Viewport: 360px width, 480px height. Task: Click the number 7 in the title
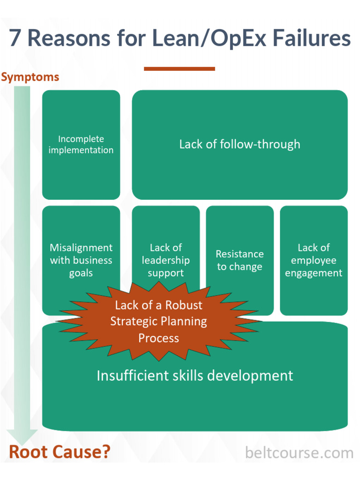(x=15, y=39)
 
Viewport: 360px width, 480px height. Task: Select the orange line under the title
(x=179, y=69)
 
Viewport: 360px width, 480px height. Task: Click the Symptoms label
(x=30, y=77)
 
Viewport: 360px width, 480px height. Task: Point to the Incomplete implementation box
(x=81, y=144)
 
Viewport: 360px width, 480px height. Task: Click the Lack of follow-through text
(x=240, y=144)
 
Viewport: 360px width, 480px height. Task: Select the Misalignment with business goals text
(x=81, y=260)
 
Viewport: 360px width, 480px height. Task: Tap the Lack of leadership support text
(x=165, y=260)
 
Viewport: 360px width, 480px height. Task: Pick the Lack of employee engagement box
(x=314, y=260)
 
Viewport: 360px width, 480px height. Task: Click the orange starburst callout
(x=158, y=322)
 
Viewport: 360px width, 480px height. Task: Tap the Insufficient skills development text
(x=195, y=375)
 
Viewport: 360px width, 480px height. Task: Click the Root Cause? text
(x=60, y=452)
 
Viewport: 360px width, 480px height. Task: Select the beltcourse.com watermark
(x=299, y=453)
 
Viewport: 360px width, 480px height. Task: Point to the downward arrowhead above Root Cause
(x=22, y=436)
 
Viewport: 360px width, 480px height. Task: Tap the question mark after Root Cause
(x=106, y=452)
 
